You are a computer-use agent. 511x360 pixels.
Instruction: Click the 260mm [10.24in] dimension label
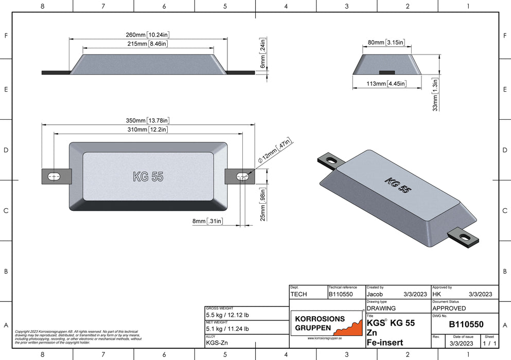point(148,34)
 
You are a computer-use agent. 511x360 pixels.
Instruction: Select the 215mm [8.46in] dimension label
point(148,44)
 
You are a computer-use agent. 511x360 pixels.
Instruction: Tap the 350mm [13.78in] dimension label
point(148,120)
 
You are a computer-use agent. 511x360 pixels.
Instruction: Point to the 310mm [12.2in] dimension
point(148,130)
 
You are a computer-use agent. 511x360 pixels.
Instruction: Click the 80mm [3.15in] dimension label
point(386,42)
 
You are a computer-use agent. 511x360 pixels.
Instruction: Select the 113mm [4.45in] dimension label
point(386,83)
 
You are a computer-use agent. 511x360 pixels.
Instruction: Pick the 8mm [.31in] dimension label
point(207,221)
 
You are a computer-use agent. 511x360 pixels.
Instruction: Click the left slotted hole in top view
point(54,177)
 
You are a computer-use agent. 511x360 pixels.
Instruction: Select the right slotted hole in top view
point(242,177)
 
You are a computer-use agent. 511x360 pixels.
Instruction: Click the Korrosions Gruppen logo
point(327,323)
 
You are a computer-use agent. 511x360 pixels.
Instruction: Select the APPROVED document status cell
point(449,309)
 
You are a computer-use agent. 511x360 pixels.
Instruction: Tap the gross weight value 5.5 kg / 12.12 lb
point(227,315)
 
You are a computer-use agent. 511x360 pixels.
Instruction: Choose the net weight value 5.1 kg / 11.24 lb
point(227,329)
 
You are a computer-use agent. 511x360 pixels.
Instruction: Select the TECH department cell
point(299,294)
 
